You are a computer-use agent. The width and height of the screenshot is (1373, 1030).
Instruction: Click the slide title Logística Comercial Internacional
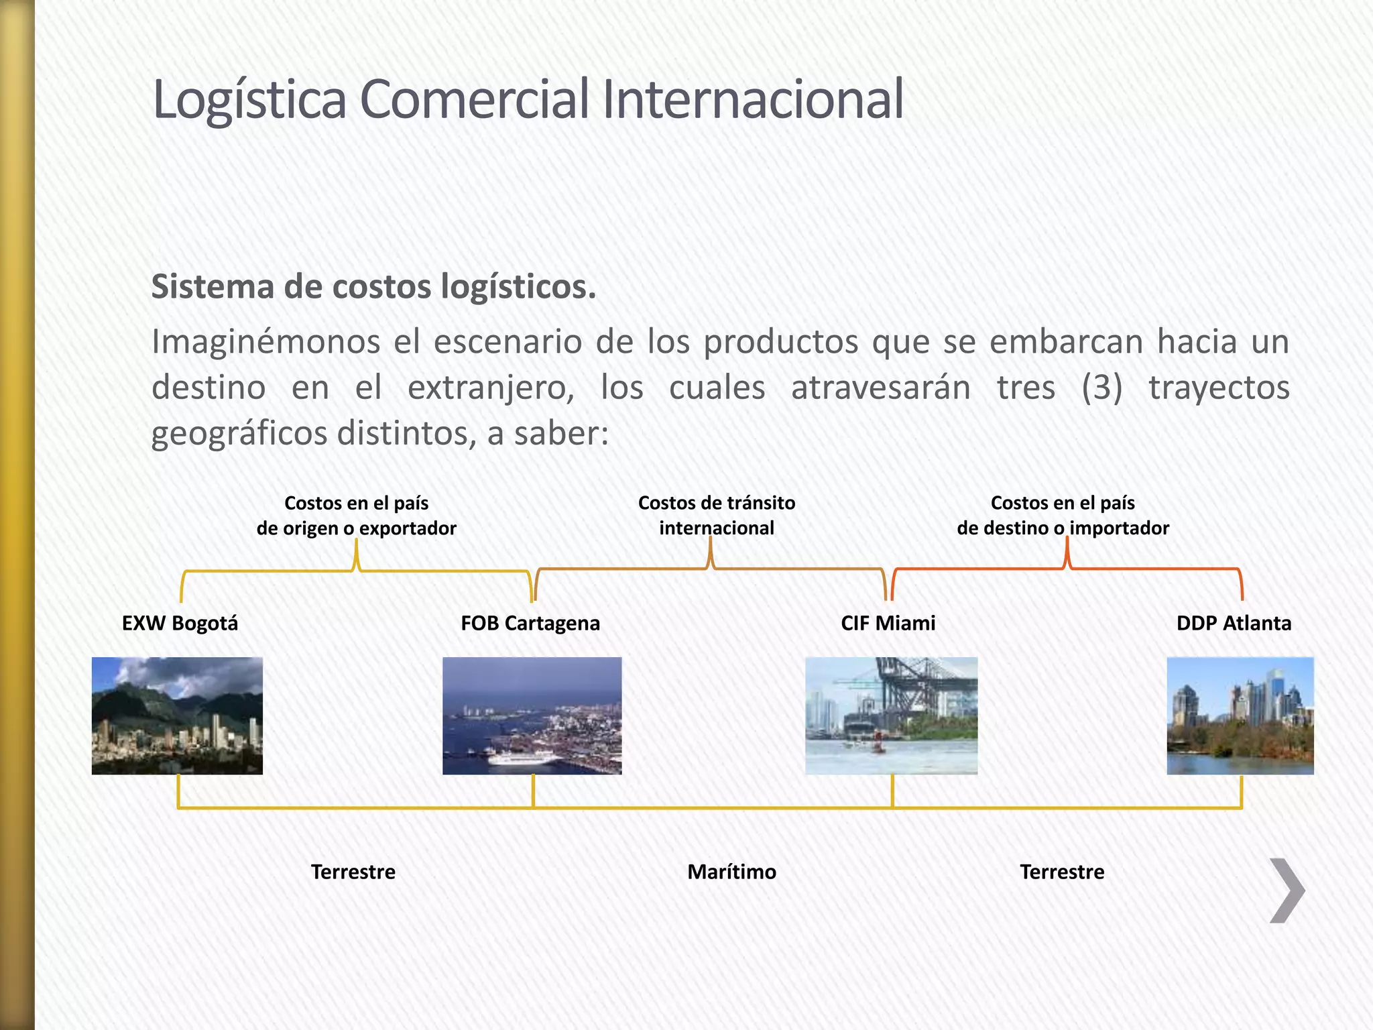pos(528,99)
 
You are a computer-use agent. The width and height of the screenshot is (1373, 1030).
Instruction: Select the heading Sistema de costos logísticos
pos(373,287)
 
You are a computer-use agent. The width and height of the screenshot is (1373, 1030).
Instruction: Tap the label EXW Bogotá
pos(180,623)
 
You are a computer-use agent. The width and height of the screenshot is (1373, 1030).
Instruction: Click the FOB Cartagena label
pos(530,623)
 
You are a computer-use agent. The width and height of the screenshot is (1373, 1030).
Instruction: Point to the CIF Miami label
pos(888,623)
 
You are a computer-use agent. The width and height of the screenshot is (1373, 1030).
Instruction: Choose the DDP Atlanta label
pos(1234,623)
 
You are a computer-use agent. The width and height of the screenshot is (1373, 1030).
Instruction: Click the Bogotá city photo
pos(177,716)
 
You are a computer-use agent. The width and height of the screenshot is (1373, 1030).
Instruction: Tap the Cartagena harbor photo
pos(532,716)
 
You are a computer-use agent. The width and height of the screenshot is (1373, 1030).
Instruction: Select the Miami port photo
pos(891,716)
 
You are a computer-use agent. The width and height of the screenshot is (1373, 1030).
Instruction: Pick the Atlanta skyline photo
pos(1240,716)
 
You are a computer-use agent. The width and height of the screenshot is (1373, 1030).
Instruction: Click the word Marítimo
pos(731,872)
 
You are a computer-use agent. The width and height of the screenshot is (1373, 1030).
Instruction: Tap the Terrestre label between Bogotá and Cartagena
pos(353,872)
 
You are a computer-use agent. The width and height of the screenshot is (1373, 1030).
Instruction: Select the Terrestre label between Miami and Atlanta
pos(1062,872)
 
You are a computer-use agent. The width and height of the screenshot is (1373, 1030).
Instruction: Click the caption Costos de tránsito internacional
pos(717,515)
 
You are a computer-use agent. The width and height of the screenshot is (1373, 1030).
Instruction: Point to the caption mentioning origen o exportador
pos(356,515)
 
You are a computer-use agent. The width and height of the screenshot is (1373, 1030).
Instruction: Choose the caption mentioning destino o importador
pos(1063,515)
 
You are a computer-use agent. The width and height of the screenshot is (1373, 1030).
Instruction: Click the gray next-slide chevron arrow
pos(1287,891)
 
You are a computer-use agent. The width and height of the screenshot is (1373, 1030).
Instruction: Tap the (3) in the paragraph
pos(1101,388)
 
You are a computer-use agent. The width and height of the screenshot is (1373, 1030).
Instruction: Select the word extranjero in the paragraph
pos(491,388)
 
